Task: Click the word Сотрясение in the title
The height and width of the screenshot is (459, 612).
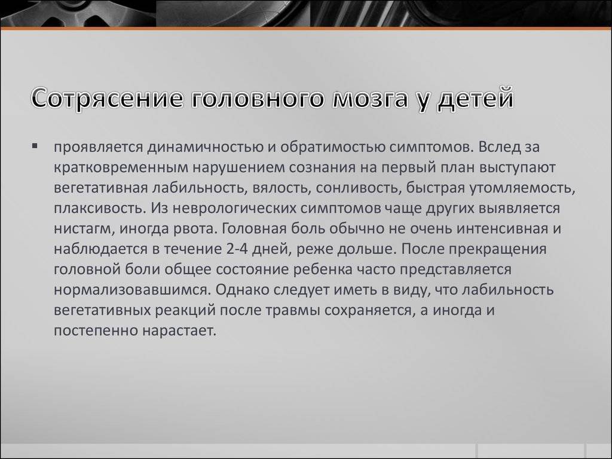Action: pyautogui.click(x=107, y=99)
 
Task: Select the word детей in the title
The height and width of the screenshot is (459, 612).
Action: pyautogui.click(x=475, y=99)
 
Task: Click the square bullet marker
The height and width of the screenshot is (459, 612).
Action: pyautogui.click(x=35, y=146)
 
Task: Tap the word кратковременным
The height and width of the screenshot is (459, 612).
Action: pyautogui.click(x=121, y=168)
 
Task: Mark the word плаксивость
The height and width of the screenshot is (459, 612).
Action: pyautogui.click(x=99, y=209)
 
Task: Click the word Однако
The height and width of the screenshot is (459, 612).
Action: pyautogui.click(x=242, y=290)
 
